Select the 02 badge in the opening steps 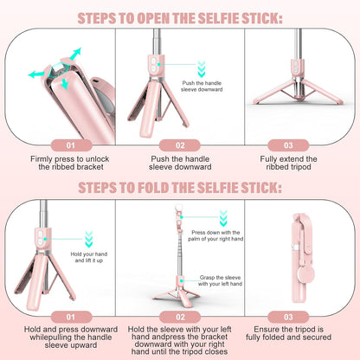pos(180,146)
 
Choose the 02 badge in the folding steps pos(180,317)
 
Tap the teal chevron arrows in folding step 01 pos(88,237)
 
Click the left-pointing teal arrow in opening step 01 pos(36,74)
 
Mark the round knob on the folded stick pos(303,284)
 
